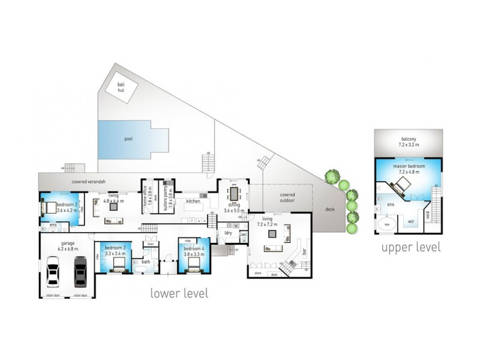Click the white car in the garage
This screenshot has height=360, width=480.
point(53,271)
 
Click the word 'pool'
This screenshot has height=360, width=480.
point(128,139)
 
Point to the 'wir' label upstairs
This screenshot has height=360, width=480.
point(411,221)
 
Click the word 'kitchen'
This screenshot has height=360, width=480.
point(193,201)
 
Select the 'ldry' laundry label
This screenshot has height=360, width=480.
point(228,232)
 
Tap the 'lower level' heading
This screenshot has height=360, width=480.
point(179,294)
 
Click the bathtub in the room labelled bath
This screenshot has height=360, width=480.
point(145,269)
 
